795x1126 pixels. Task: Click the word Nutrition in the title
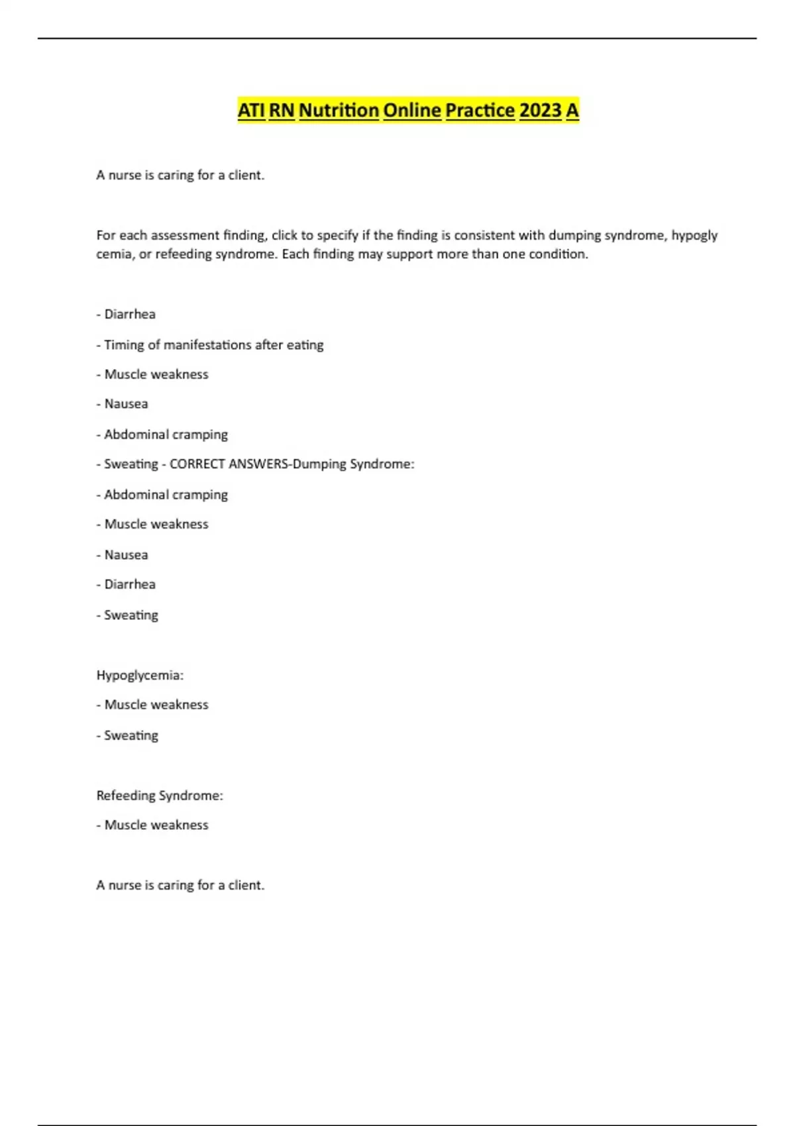(339, 110)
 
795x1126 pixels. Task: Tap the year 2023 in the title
(540, 110)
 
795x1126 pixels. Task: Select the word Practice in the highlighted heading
(480, 110)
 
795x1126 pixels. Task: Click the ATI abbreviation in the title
(251, 110)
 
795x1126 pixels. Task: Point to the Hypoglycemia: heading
(140, 675)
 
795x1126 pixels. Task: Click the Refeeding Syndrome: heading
(160, 795)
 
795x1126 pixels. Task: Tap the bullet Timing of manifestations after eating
(213, 345)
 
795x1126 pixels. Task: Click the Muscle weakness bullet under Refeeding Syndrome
(156, 825)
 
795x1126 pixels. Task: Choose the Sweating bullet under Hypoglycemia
(131, 735)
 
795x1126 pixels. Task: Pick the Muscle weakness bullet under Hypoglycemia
(156, 705)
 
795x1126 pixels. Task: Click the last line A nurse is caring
(180, 885)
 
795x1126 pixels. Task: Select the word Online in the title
(411, 110)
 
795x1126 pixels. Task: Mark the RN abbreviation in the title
(282, 110)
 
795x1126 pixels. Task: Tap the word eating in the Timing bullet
(305, 345)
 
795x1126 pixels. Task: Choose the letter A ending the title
(572, 110)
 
